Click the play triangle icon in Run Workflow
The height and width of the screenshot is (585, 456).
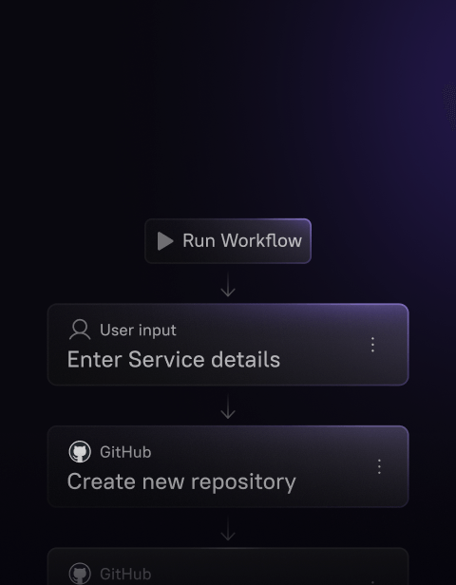(165, 241)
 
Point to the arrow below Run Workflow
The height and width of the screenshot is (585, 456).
(228, 285)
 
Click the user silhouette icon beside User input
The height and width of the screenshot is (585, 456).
(80, 330)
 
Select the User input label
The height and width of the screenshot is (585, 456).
(138, 330)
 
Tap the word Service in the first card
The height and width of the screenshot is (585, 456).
(166, 360)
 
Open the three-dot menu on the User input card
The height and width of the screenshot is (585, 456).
(372, 345)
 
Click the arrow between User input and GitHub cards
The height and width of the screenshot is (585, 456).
(228, 406)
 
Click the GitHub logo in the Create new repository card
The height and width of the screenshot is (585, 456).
(80, 452)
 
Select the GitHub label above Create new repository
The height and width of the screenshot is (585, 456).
(125, 452)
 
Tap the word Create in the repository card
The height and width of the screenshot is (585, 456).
(102, 481)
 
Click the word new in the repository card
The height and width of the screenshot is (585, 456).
(163, 482)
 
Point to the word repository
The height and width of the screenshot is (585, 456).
(243, 482)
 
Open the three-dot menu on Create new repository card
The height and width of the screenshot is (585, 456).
(379, 466)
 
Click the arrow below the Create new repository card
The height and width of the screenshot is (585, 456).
(228, 528)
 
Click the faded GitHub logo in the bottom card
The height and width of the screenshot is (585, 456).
(80, 574)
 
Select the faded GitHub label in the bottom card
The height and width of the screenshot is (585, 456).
(125, 575)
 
